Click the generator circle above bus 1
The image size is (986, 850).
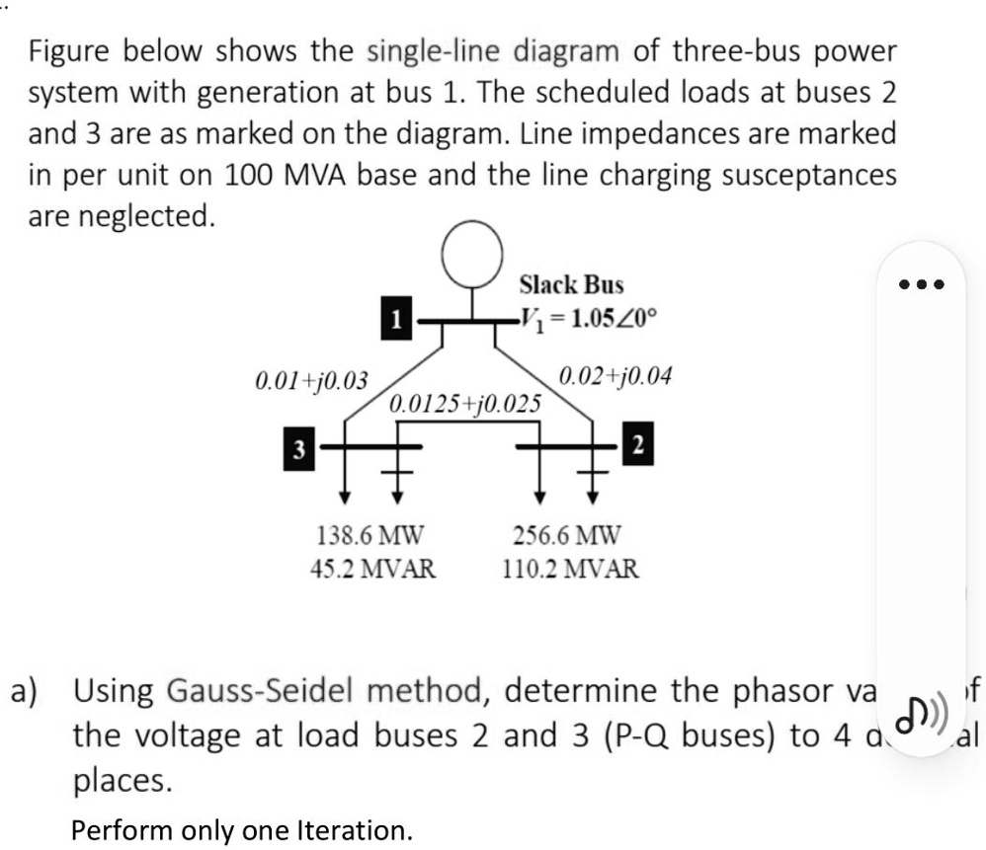472,255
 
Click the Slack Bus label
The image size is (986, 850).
572,285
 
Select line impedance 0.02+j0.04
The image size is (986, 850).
616,375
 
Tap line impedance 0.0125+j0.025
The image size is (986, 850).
465,403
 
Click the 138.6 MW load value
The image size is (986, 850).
370,536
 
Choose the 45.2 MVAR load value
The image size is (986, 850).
375,569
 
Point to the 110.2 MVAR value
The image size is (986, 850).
572,569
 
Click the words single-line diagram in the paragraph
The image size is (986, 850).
493,49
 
